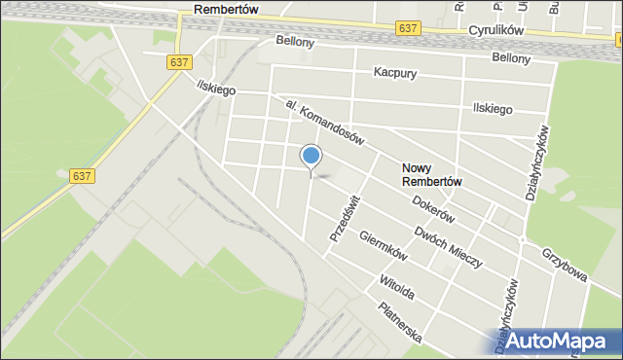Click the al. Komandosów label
click(x=324, y=123)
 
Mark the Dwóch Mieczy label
click(x=449, y=240)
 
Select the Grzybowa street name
click(x=566, y=264)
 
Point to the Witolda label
click(x=396, y=287)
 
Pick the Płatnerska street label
click(x=400, y=322)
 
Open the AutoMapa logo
click(x=558, y=341)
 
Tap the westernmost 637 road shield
click(x=83, y=176)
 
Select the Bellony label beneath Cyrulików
click(x=511, y=58)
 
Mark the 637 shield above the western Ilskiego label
click(x=178, y=61)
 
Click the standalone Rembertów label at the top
click(x=225, y=9)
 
